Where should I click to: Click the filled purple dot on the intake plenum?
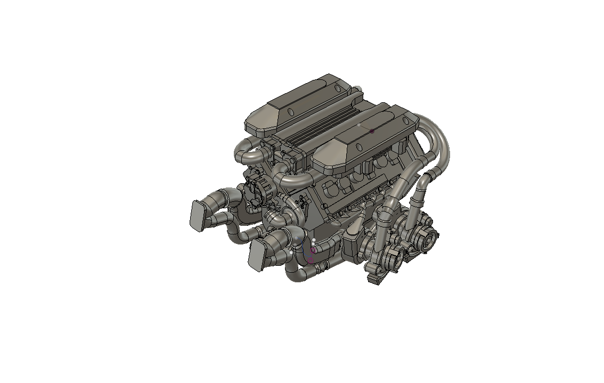[x=372, y=131]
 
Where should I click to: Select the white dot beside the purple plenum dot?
[x=359, y=125]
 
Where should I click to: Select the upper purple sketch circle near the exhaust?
[x=313, y=250]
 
